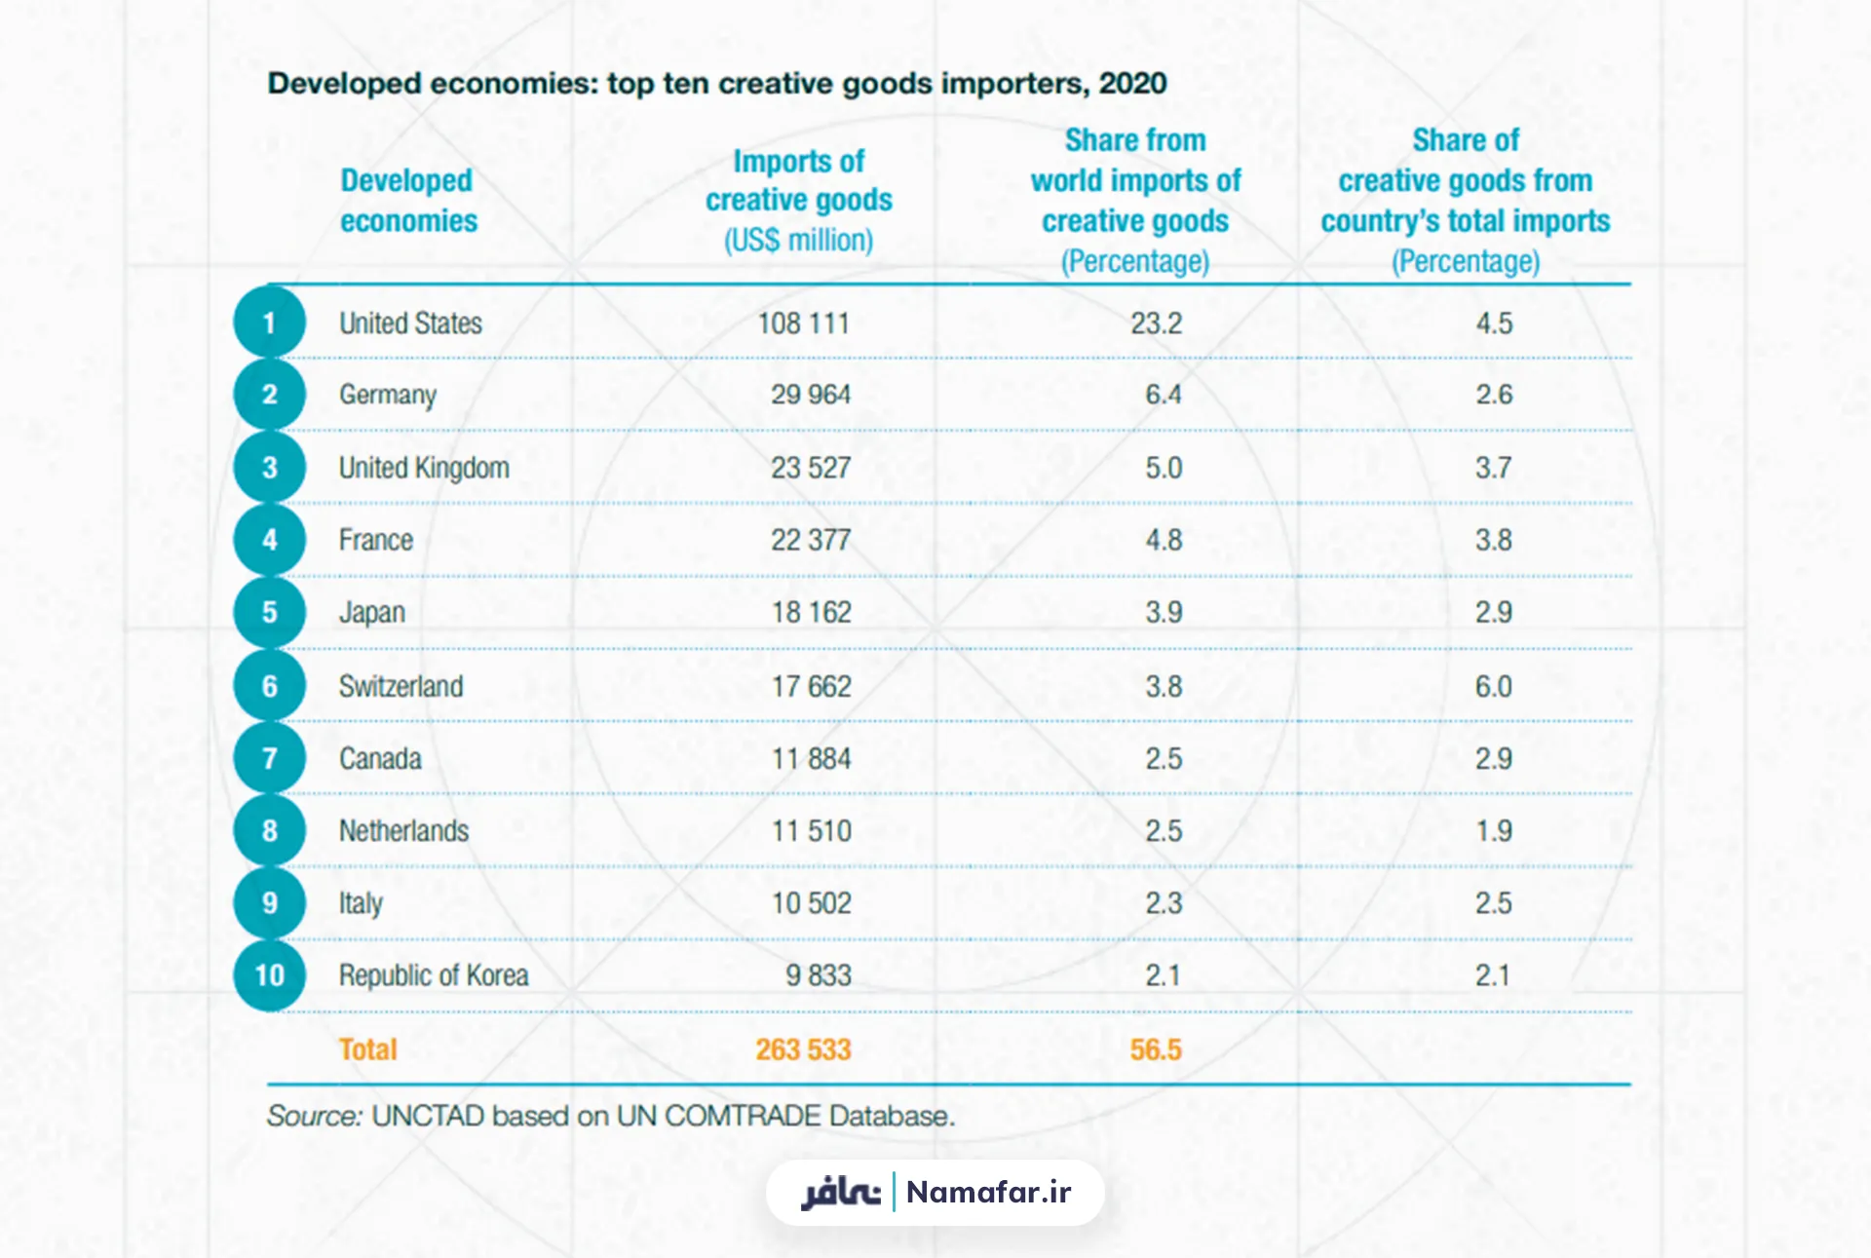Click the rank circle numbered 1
point(270,323)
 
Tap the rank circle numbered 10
point(270,975)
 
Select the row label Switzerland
point(401,686)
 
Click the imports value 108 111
point(804,323)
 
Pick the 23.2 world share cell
point(1156,323)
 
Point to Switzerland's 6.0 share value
point(1493,686)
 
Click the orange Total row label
point(367,1049)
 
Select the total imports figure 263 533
point(803,1049)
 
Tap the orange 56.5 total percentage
point(1156,1049)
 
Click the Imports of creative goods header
point(799,200)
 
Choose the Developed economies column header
point(408,200)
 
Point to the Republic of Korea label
point(434,975)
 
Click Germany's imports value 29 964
point(811,395)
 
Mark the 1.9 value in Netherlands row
point(1494,831)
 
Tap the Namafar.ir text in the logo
point(988,1192)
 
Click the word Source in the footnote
point(314,1116)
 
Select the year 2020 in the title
point(1132,84)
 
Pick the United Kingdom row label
point(424,468)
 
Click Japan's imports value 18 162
point(812,612)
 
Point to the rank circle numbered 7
point(270,758)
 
